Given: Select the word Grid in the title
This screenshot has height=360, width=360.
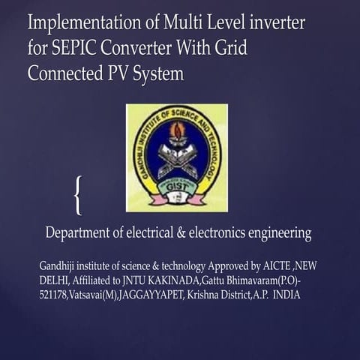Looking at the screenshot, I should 228,49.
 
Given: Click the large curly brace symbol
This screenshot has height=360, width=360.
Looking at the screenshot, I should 77,194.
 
